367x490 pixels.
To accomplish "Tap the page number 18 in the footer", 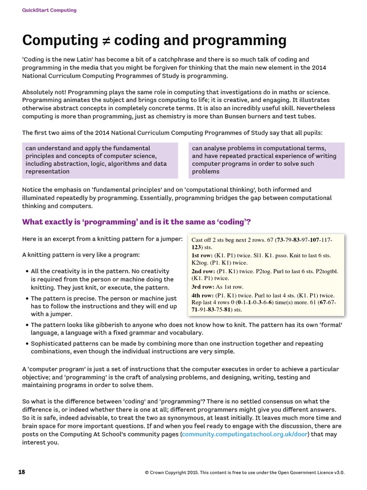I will tap(22, 472).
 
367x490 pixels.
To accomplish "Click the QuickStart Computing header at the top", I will tap(49, 10).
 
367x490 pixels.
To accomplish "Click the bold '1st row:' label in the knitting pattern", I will tap(202, 256).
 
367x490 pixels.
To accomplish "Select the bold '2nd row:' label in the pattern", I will tap(203, 271).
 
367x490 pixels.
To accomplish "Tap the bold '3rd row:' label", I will tap(202, 287).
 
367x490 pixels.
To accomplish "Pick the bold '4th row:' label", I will tap(202, 295).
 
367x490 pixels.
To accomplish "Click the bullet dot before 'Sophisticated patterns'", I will tap(26, 344).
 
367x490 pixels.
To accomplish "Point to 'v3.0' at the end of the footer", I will tap(338, 472).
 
